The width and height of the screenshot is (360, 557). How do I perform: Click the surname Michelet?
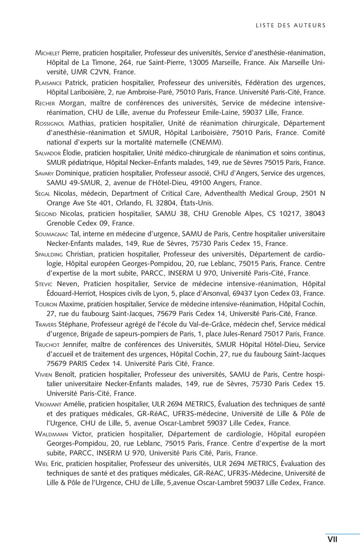click(x=47, y=53)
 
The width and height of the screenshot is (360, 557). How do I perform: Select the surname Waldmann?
click(x=52, y=434)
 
